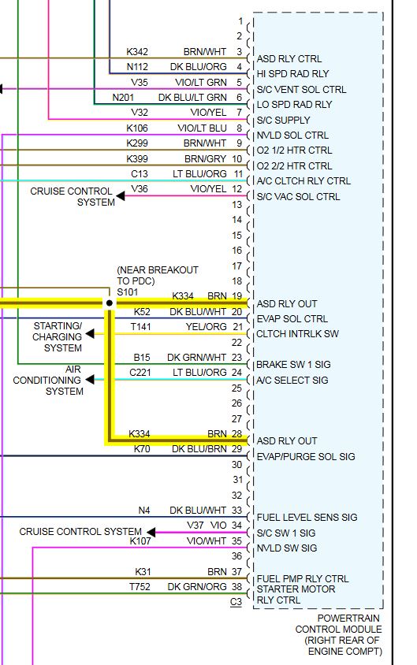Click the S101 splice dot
coord(110,303)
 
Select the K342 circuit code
coord(137,52)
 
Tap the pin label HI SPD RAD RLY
coord(292,74)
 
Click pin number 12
coord(236,189)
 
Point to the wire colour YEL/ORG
coord(207,327)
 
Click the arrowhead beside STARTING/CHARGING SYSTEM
coord(90,334)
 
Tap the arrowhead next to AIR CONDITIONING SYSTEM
coord(90,379)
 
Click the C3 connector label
coord(236,602)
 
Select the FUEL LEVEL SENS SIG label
coord(307,518)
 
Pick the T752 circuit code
coord(140,587)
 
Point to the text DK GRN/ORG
coord(197,587)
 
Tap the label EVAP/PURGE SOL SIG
coord(306,457)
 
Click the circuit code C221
coord(140,373)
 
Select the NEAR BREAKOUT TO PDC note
coord(158,276)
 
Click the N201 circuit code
coord(123,98)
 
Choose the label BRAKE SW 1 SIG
coord(293,365)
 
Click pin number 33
coord(236,511)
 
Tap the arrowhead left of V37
coord(151,533)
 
